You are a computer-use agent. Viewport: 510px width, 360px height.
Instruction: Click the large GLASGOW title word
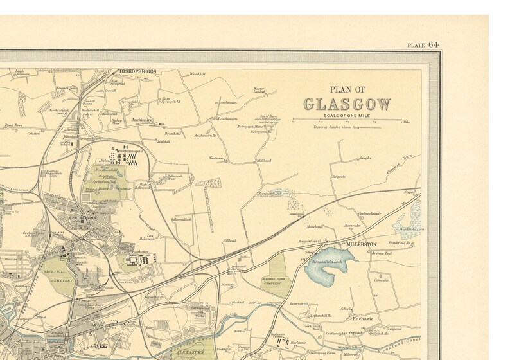(x=347, y=104)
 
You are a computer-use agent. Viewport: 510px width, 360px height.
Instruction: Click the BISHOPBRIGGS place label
(x=135, y=71)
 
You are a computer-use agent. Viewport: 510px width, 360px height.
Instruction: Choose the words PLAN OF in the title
(x=347, y=90)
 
